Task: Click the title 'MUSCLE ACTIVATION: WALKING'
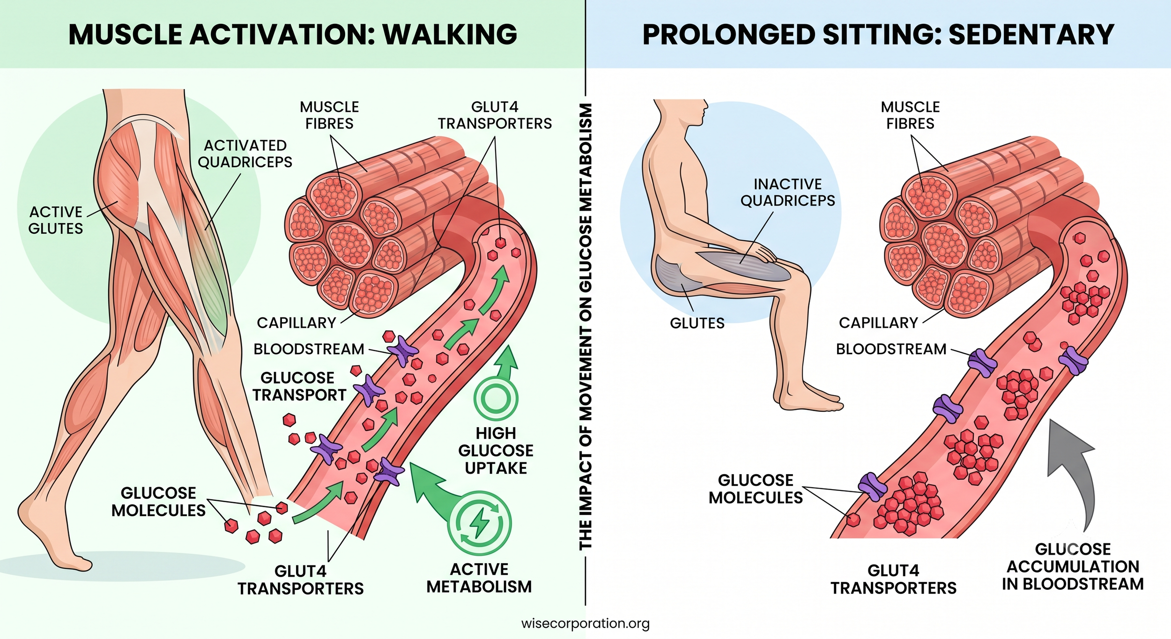[293, 34]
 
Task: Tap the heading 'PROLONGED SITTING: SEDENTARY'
[878, 34]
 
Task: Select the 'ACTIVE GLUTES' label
[56, 220]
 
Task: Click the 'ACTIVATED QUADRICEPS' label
[245, 154]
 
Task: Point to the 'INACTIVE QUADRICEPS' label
[788, 192]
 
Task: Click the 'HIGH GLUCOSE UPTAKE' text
[496, 451]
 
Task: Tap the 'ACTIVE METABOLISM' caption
[479, 578]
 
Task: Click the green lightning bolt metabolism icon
[479, 523]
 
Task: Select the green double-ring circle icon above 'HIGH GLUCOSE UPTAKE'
[496, 399]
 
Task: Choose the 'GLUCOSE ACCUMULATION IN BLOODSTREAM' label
[1073, 566]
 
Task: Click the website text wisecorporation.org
[585, 624]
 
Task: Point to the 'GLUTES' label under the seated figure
[697, 323]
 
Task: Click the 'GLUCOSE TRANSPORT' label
[299, 386]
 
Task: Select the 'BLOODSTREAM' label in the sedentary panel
[891, 349]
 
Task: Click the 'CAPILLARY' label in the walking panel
[296, 323]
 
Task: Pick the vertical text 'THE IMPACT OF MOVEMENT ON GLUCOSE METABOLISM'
[585, 327]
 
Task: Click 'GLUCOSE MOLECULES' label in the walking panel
[158, 502]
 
